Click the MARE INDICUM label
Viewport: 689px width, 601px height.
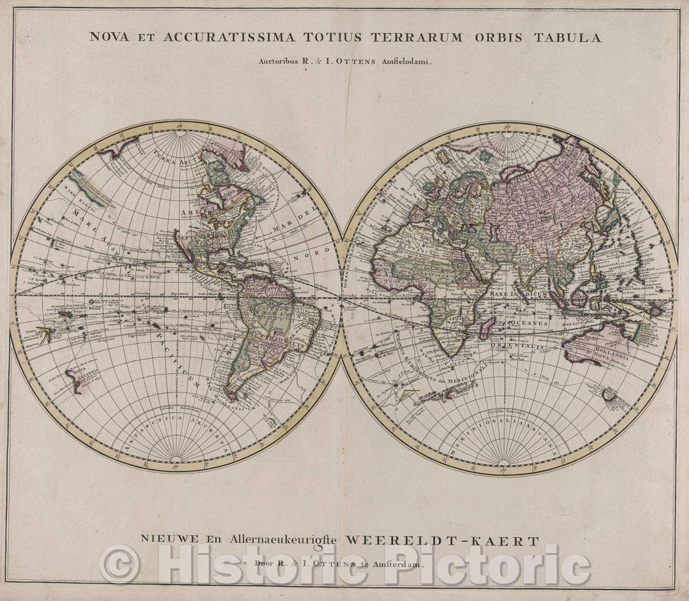coord(517,293)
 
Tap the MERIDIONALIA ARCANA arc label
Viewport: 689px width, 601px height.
coord(504,426)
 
